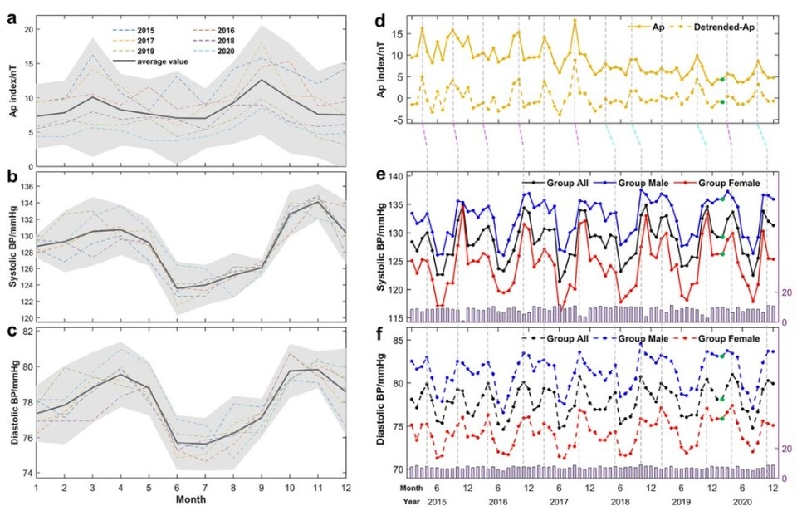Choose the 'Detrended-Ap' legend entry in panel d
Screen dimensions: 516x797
click(x=719, y=27)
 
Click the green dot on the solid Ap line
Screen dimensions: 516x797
click(x=722, y=80)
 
